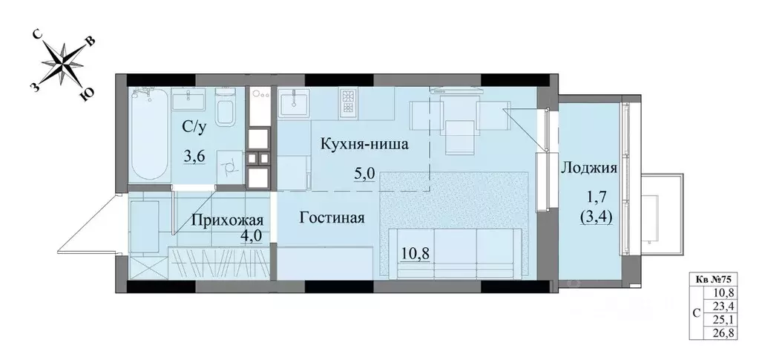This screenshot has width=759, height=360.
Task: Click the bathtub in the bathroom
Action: [150, 134]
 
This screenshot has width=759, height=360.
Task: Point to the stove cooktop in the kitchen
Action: [348, 102]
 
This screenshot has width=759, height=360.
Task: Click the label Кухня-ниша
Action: [364, 144]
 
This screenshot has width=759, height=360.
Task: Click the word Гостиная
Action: [332, 217]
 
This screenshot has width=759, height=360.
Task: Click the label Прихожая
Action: [228, 220]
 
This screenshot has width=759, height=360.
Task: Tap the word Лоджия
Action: [589, 168]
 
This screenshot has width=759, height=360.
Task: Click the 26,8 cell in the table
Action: [726, 333]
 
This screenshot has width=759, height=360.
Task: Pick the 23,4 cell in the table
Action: [726, 306]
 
